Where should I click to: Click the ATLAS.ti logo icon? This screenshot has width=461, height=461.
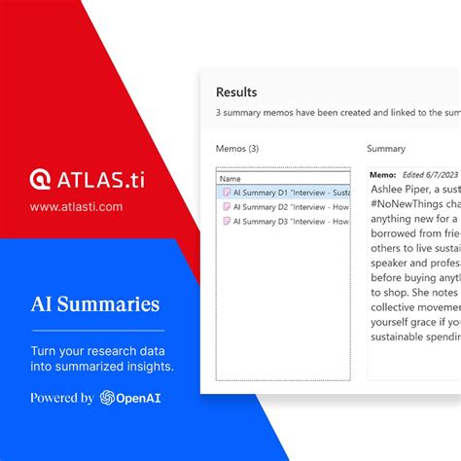[x=40, y=180]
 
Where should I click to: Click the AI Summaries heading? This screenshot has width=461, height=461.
[x=94, y=304]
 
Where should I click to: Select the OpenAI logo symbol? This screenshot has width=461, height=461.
[x=108, y=397]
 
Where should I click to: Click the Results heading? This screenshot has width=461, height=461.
[x=236, y=92]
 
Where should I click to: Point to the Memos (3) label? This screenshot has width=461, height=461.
[x=236, y=150]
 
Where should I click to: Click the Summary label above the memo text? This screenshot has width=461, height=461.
[x=386, y=150]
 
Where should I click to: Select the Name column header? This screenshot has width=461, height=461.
[x=230, y=179]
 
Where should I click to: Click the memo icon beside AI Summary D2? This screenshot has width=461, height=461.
[x=226, y=207]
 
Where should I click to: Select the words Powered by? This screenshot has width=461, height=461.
[x=62, y=397]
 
